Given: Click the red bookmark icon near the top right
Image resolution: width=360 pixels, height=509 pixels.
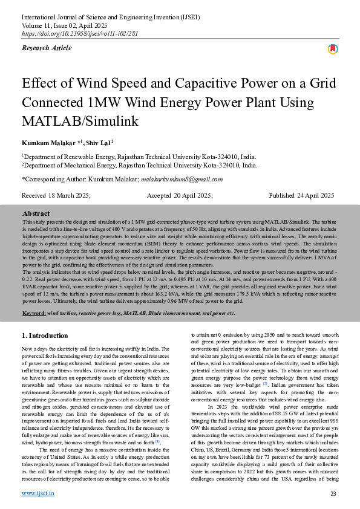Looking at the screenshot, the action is [333, 49].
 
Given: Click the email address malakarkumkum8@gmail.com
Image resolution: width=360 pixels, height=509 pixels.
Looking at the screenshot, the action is [182, 179].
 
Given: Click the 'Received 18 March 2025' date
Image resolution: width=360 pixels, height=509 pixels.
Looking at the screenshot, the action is [56, 195].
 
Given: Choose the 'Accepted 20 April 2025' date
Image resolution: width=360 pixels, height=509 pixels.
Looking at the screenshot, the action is [180, 195].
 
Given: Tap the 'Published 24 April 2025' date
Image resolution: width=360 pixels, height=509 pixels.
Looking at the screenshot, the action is [301, 195].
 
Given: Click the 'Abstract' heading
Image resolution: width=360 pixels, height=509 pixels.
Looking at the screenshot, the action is [36, 213].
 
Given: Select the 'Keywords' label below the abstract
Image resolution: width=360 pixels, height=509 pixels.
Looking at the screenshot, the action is [34, 313].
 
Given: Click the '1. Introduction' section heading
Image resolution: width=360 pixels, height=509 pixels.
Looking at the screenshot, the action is [45, 335].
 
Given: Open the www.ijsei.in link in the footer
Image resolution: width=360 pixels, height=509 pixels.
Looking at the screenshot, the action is [38, 493].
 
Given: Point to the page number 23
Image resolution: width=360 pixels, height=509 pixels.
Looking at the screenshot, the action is [333, 494].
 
